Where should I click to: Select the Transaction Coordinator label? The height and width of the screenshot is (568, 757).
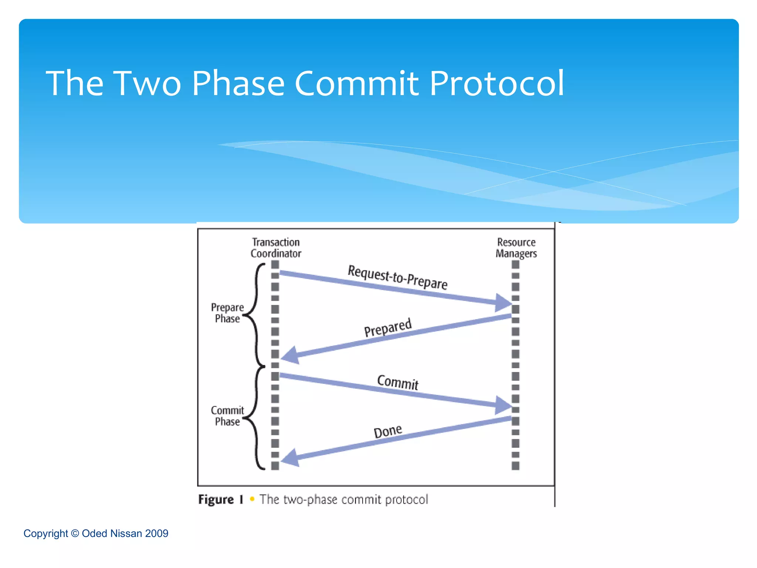(x=276, y=248)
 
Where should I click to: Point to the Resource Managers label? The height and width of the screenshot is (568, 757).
(x=516, y=248)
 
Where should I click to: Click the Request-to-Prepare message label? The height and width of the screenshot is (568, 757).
(x=397, y=277)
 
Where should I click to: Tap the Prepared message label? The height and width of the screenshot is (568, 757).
(x=387, y=327)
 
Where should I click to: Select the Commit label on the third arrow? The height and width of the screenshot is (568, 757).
(x=398, y=382)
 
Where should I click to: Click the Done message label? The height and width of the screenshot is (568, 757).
(x=387, y=431)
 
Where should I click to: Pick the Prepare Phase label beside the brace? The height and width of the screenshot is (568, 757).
(x=227, y=313)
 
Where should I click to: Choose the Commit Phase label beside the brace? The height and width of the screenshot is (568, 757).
(x=227, y=416)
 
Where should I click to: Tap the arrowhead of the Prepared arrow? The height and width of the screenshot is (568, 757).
(x=291, y=355)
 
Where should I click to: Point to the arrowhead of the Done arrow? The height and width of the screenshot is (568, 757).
(x=291, y=458)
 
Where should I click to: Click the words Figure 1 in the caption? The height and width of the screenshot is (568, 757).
(x=221, y=500)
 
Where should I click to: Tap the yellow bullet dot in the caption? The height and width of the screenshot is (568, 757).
(x=252, y=499)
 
